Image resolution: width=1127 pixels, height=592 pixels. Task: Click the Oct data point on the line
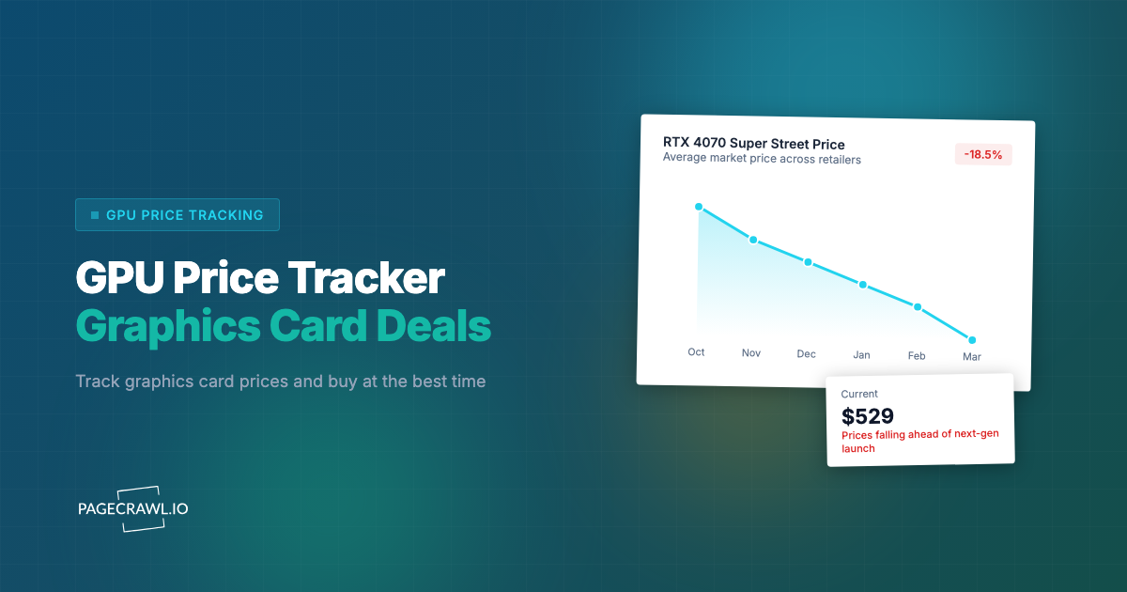click(699, 207)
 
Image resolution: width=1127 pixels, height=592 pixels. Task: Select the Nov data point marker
click(753, 240)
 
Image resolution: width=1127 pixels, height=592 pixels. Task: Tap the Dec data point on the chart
click(808, 262)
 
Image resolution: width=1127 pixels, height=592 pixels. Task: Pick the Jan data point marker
click(863, 285)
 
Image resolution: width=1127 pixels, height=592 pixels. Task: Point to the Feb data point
click(918, 307)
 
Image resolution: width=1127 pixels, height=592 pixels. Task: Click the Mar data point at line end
click(972, 340)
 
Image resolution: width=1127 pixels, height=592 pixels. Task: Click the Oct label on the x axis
click(696, 351)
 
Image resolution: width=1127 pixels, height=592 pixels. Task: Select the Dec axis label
click(806, 354)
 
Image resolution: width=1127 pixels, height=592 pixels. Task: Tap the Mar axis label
click(971, 357)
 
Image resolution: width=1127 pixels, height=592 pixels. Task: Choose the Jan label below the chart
click(861, 355)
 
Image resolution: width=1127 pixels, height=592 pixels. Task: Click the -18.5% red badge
click(982, 154)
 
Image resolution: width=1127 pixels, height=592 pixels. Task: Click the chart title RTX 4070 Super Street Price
click(753, 144)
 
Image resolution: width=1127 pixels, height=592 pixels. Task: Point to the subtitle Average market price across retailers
click(762, 159)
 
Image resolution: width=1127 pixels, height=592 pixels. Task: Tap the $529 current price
click(867, 416)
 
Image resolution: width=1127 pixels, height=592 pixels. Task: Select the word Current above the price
click(859, 394)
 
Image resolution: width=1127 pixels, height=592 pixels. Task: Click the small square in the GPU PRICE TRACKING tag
click(95, 215)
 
